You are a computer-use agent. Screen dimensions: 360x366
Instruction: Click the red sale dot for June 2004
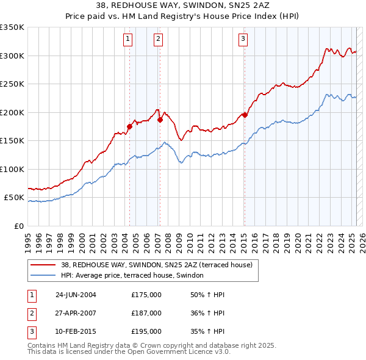point(129,127)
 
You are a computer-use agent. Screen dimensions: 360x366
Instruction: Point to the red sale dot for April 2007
point(160,120)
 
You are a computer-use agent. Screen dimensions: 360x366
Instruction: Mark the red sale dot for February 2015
point(245,115)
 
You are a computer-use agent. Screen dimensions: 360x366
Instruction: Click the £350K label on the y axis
point(12,27)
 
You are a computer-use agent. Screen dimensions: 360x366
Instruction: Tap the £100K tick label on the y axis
point(12,169)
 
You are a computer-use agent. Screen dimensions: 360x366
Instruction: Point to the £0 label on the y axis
point(18,226)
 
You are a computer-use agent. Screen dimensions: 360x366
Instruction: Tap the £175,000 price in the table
point(146,295)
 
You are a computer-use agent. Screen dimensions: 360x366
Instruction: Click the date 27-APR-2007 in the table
point(76,313)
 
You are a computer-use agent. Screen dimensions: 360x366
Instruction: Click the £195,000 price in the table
point(146,331)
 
